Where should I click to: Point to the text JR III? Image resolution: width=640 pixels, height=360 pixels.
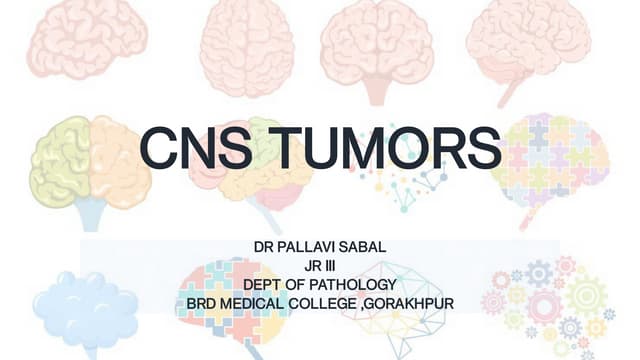[x=320, y=265]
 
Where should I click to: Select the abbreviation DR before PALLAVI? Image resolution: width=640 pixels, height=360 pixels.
[x=265, y=246]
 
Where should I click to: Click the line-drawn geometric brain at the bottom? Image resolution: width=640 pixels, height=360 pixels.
[x=400, y=305]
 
